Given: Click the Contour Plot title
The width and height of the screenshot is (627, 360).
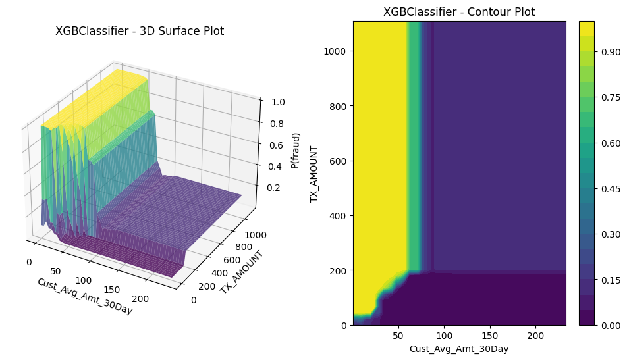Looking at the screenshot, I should point(459,12).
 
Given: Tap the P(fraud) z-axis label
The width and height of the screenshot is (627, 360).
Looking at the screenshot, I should point(296,150).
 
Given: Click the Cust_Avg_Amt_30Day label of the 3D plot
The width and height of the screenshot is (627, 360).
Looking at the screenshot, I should point(84,296).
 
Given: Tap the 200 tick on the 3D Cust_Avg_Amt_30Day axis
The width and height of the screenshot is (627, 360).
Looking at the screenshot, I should point(141,299).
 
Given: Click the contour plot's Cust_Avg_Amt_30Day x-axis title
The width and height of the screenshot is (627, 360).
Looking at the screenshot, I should point(459,349).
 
